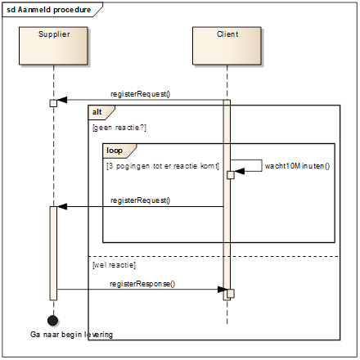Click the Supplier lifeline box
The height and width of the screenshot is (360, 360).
[x=53, y=46]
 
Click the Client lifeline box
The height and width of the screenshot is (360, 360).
[x=227, y=46]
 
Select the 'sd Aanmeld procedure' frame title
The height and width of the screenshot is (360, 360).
[x=49, y=10]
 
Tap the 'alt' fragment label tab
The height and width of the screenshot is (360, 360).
[x=101, y=112]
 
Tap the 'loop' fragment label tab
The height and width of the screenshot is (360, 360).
[x=119, y=151]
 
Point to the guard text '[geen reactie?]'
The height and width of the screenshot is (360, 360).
[x=119, y=128]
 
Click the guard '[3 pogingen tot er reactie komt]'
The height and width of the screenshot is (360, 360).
[x=163, y=166]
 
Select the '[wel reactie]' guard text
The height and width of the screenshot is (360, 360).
[x=114, y=265]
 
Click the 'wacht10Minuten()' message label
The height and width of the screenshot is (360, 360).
[x=297, y=166]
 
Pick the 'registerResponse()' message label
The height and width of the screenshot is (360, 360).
[x=142, y=284]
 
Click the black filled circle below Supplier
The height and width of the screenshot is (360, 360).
[x=52, y=321]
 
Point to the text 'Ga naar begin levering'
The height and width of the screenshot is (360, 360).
[x=71, y=335]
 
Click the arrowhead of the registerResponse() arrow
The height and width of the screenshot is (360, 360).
[x=223, y=290]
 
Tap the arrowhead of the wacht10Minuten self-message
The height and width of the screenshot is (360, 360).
[x=239, y=171]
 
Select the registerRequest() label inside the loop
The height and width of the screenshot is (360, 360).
[x=140, y=200]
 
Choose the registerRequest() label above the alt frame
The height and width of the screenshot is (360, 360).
[x=140, y=94]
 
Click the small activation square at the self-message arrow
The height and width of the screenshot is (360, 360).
[x=231, y=175]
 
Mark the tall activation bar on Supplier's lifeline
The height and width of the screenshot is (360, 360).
[x=53, y=254]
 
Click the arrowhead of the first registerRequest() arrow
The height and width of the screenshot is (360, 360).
[x=62, y=100]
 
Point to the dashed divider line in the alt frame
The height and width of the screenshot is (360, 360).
[x=214, y=256]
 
